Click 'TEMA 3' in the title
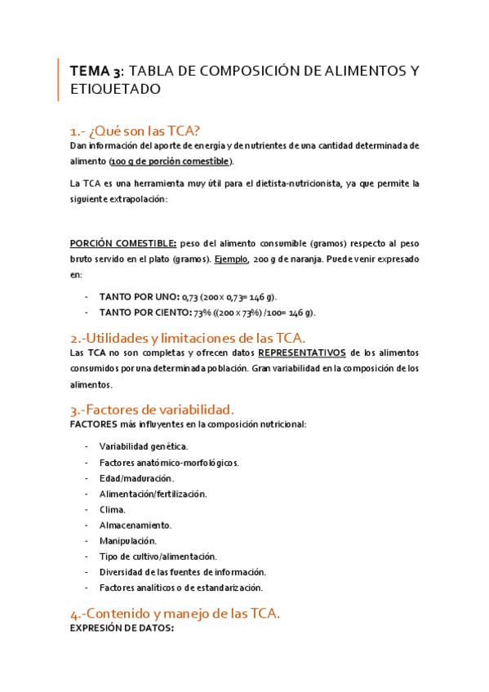(97, 71)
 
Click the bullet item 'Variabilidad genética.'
(144, 446)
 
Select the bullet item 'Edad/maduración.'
(136, 478)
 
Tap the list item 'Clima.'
(113, 509)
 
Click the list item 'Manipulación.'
(128, 541)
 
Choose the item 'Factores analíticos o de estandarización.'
(181, 588)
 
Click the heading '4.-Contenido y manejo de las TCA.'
(176, 614)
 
